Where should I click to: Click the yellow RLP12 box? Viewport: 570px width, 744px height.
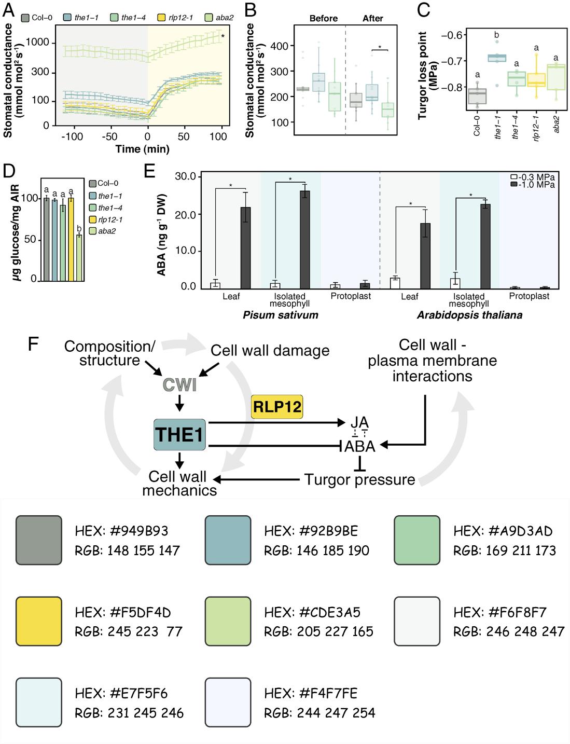[277, 406]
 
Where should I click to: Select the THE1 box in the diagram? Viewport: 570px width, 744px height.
[179, 434]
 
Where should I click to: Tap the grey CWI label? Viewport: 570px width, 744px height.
[179, 385]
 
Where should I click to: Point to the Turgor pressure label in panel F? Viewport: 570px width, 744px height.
[359, 479]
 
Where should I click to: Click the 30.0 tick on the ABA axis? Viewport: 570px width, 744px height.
[185, 177]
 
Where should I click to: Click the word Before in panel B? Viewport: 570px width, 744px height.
[323, 19]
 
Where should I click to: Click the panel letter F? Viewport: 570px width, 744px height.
[34, 345]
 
